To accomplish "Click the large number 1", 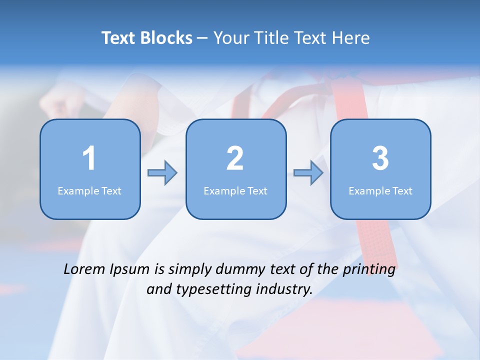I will pyautogui.click(x=89, y=158).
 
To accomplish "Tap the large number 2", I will pyautogui.click(x=235, y=158).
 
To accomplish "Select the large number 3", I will pyautogui.click(x=380, y=158).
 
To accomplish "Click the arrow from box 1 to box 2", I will pyautogui.click(x=162, y=173).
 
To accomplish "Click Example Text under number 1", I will pyautogui.click(x=89, y=190).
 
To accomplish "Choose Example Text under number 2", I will pyautogui.click(x=235, y=190).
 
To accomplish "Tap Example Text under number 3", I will pyautogui.click(x=380, y=190).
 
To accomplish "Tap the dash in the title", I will pyautogui.click(x=202, y=38).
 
